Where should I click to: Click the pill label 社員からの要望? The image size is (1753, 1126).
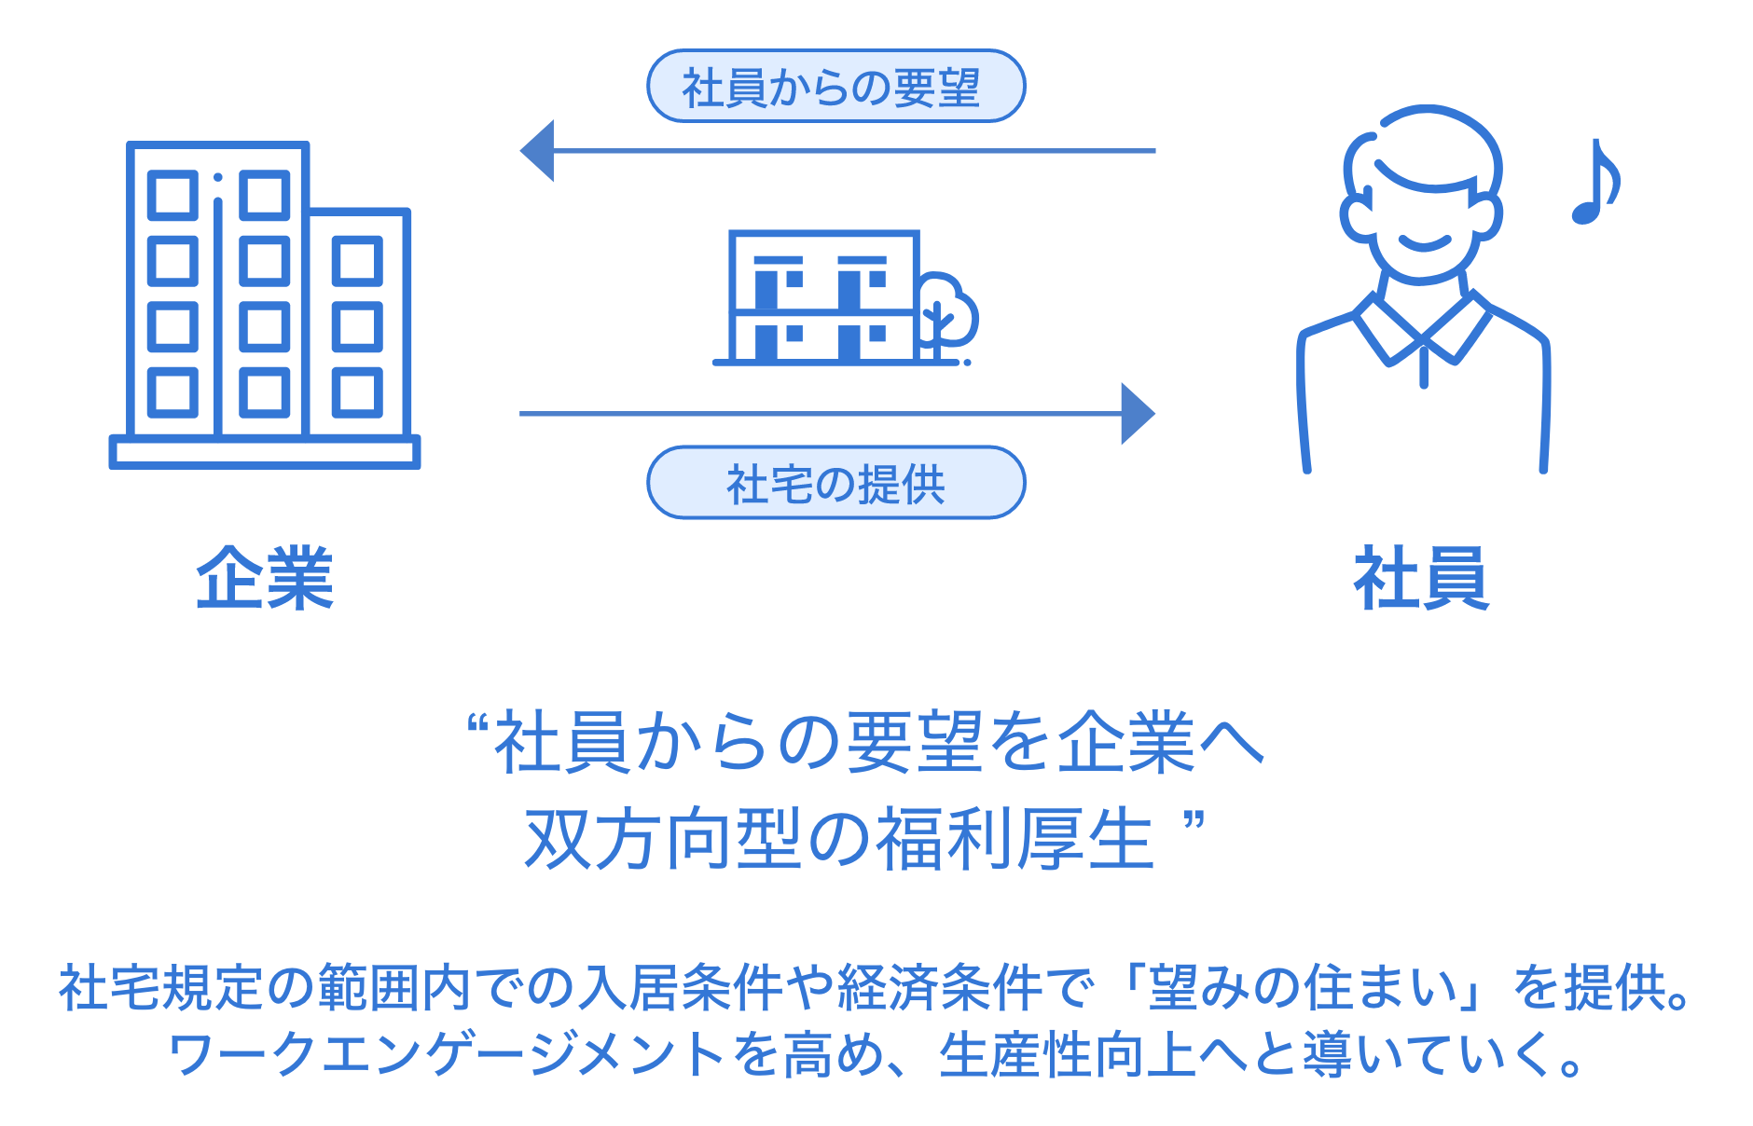(x=835, y=87)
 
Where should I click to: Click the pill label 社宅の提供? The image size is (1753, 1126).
(x=835, y=483)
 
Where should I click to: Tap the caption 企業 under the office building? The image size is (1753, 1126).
(x=265, y=579)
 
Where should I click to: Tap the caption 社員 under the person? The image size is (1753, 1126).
(x=1421, y=579)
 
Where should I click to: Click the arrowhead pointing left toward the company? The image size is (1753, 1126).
(x=538, y=150)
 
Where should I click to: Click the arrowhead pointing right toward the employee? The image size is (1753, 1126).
(x=1137, y=413)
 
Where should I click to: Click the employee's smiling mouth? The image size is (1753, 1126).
(x=1424, y=245)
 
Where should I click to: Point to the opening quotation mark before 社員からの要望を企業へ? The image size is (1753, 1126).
(x=477, y=724)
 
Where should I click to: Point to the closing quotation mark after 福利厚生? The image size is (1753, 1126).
(x=1194, y=822)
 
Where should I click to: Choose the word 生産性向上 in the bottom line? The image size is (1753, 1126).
(x=1067, y=1055)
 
